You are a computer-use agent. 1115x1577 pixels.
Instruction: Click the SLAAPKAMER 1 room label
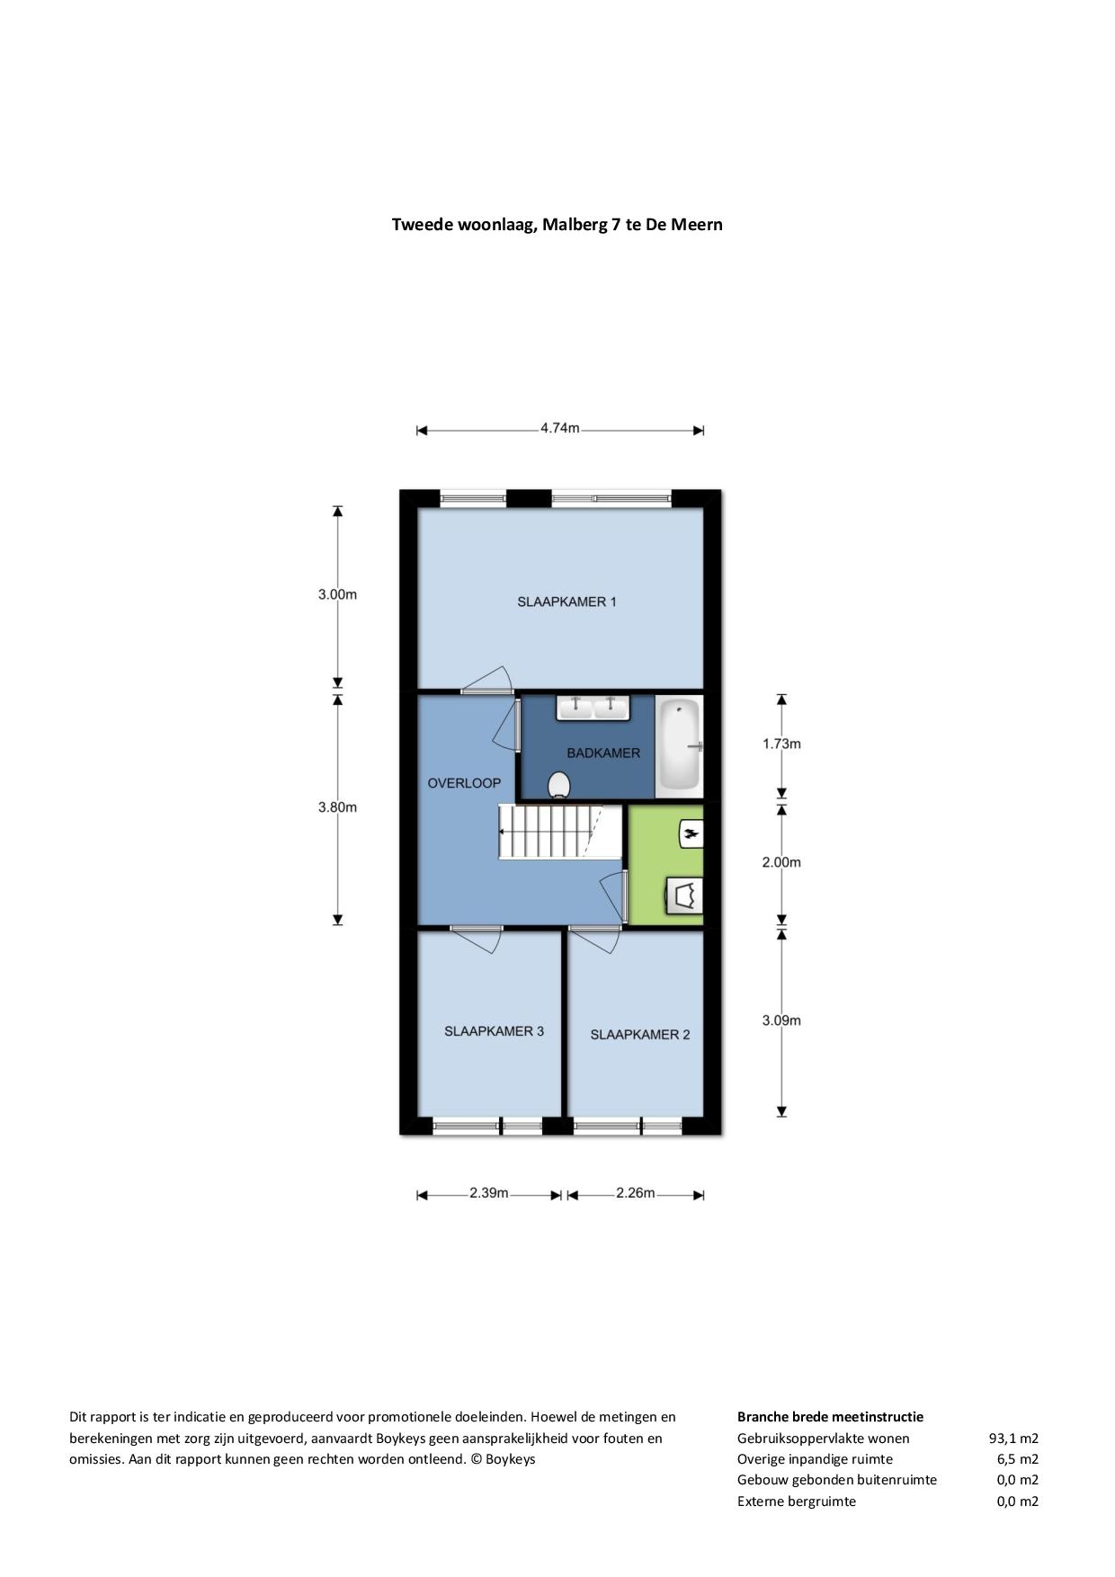pyautogui.click(x=566, y=601)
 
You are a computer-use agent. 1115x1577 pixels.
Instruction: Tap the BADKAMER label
pyautogui.click(x=603, y=753)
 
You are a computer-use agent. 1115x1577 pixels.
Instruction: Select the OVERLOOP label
pyautogui.click(x=464, y=783)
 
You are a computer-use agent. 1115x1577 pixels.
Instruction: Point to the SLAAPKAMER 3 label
pyautogui.click(x=494, y=1031)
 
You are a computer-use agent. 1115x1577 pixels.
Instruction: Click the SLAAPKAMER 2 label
pyautogui.click(x=640, y=1035)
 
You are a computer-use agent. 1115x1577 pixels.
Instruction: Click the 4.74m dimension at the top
pyautogui.click(x=559, y=429)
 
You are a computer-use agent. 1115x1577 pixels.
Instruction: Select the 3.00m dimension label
pyautogui.click(x=337, y=594)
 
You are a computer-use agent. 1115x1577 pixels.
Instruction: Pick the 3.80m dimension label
pyautogui.click(x=337, y=807)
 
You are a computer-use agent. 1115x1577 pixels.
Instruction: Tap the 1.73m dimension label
pyautogui.click(x=781, y=744)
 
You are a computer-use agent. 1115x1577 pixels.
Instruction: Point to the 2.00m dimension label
pyautogui.click(x=781, y=862)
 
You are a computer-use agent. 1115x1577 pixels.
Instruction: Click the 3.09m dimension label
pyautogui.click(x=781, y=1020)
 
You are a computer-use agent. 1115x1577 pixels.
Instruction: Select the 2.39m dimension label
pyautogui.click(x=489, y=1193)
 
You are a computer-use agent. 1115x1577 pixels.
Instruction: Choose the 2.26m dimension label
pyautogui.click(x=636, y=1193)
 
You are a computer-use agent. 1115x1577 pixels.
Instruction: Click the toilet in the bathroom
pyautogui.click(x=559, y=785)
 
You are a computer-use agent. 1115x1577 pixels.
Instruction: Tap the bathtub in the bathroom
pyautogui.click(x=680, y=745)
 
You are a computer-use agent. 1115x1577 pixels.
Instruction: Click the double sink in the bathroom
pyautogui.click(x=593, y=708)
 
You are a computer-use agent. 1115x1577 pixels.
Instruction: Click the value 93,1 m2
pyautogui.click(x=1013, y=1439)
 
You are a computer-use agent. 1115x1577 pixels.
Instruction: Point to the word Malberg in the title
pyautogui.click(x=575, y=224)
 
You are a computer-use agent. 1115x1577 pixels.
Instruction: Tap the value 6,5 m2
pyautogui.click(x=1018, y=1459)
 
